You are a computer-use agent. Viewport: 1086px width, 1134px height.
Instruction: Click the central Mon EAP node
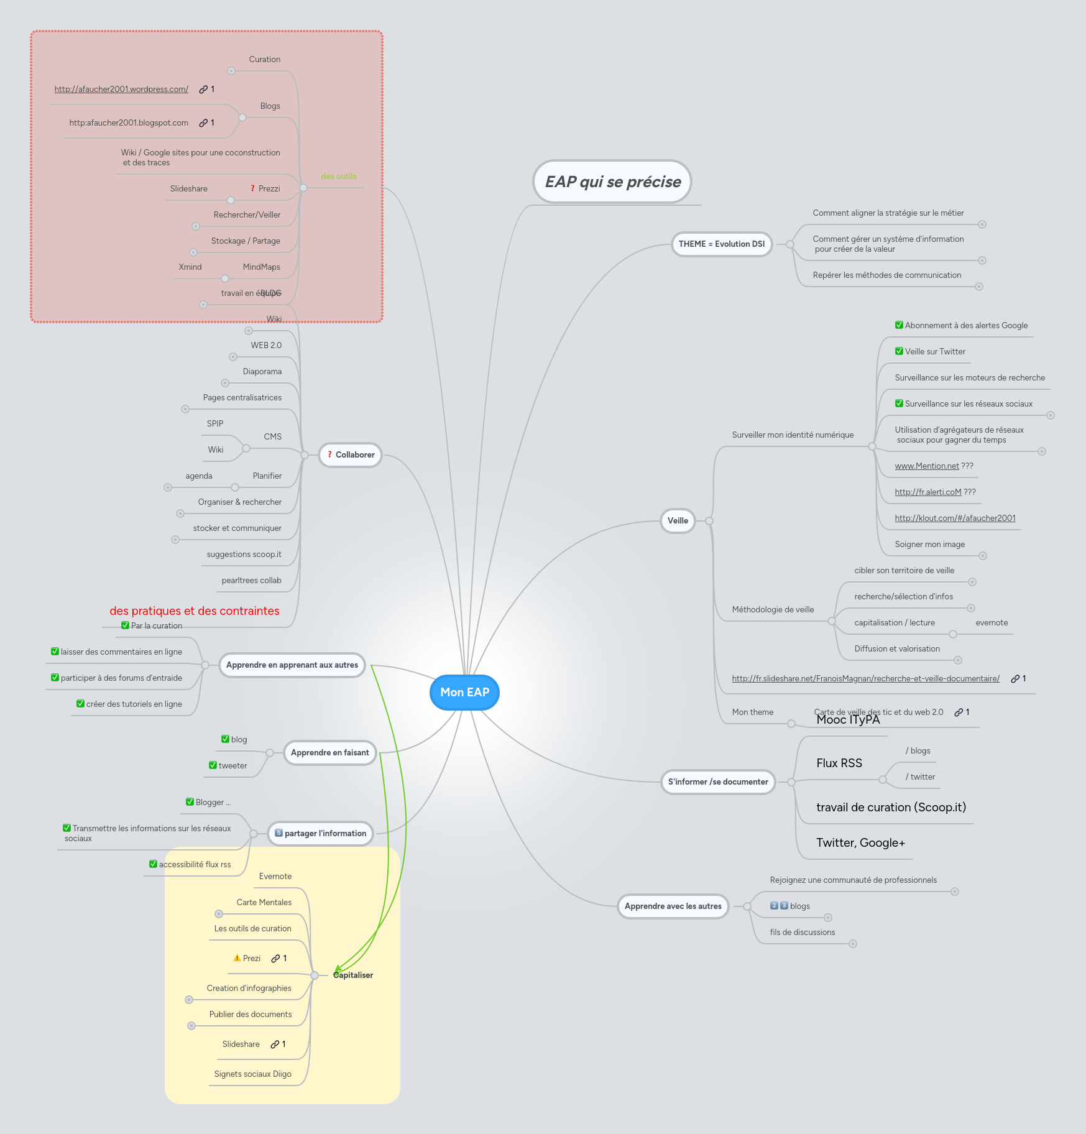pos(464,692)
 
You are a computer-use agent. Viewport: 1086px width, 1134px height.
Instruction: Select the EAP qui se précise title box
pos(612,182)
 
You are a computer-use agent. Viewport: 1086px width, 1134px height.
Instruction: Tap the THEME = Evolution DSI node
pos(721,244)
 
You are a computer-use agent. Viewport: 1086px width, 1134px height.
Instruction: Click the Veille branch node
pos(677,520)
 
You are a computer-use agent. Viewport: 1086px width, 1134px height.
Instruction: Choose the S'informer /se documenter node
pos(717,781)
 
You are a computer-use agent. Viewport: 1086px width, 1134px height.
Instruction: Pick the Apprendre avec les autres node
pos(673,906)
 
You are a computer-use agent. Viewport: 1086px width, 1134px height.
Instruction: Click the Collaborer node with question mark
pos(351,454)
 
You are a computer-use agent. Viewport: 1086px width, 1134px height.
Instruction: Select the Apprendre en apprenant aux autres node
pos(292,665)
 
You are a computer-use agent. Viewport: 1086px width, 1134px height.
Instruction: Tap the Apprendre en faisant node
pos(329,752)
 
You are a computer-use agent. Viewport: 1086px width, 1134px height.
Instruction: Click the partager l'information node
pos(321,833)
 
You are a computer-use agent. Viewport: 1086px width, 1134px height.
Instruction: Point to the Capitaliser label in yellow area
pos(353,975)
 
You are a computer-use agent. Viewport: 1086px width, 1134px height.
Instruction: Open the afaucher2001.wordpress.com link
pos(121,89)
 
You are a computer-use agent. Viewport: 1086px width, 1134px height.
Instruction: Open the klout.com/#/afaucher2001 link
pos(955,518)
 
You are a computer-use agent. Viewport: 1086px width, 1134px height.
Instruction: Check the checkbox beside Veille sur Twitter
pos(899,351)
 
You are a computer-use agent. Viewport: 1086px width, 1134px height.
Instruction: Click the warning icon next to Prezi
pos(237,958)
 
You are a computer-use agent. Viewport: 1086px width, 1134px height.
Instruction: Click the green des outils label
pos(339,176)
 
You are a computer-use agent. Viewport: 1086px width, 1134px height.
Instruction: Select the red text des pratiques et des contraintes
pos(195,611)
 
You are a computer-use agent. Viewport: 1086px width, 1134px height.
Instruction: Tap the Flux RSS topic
pos(839,763)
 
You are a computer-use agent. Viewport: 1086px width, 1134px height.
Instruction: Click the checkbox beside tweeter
pos(213,765)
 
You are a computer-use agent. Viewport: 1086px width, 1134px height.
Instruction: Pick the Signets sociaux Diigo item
pos(252,1074)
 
